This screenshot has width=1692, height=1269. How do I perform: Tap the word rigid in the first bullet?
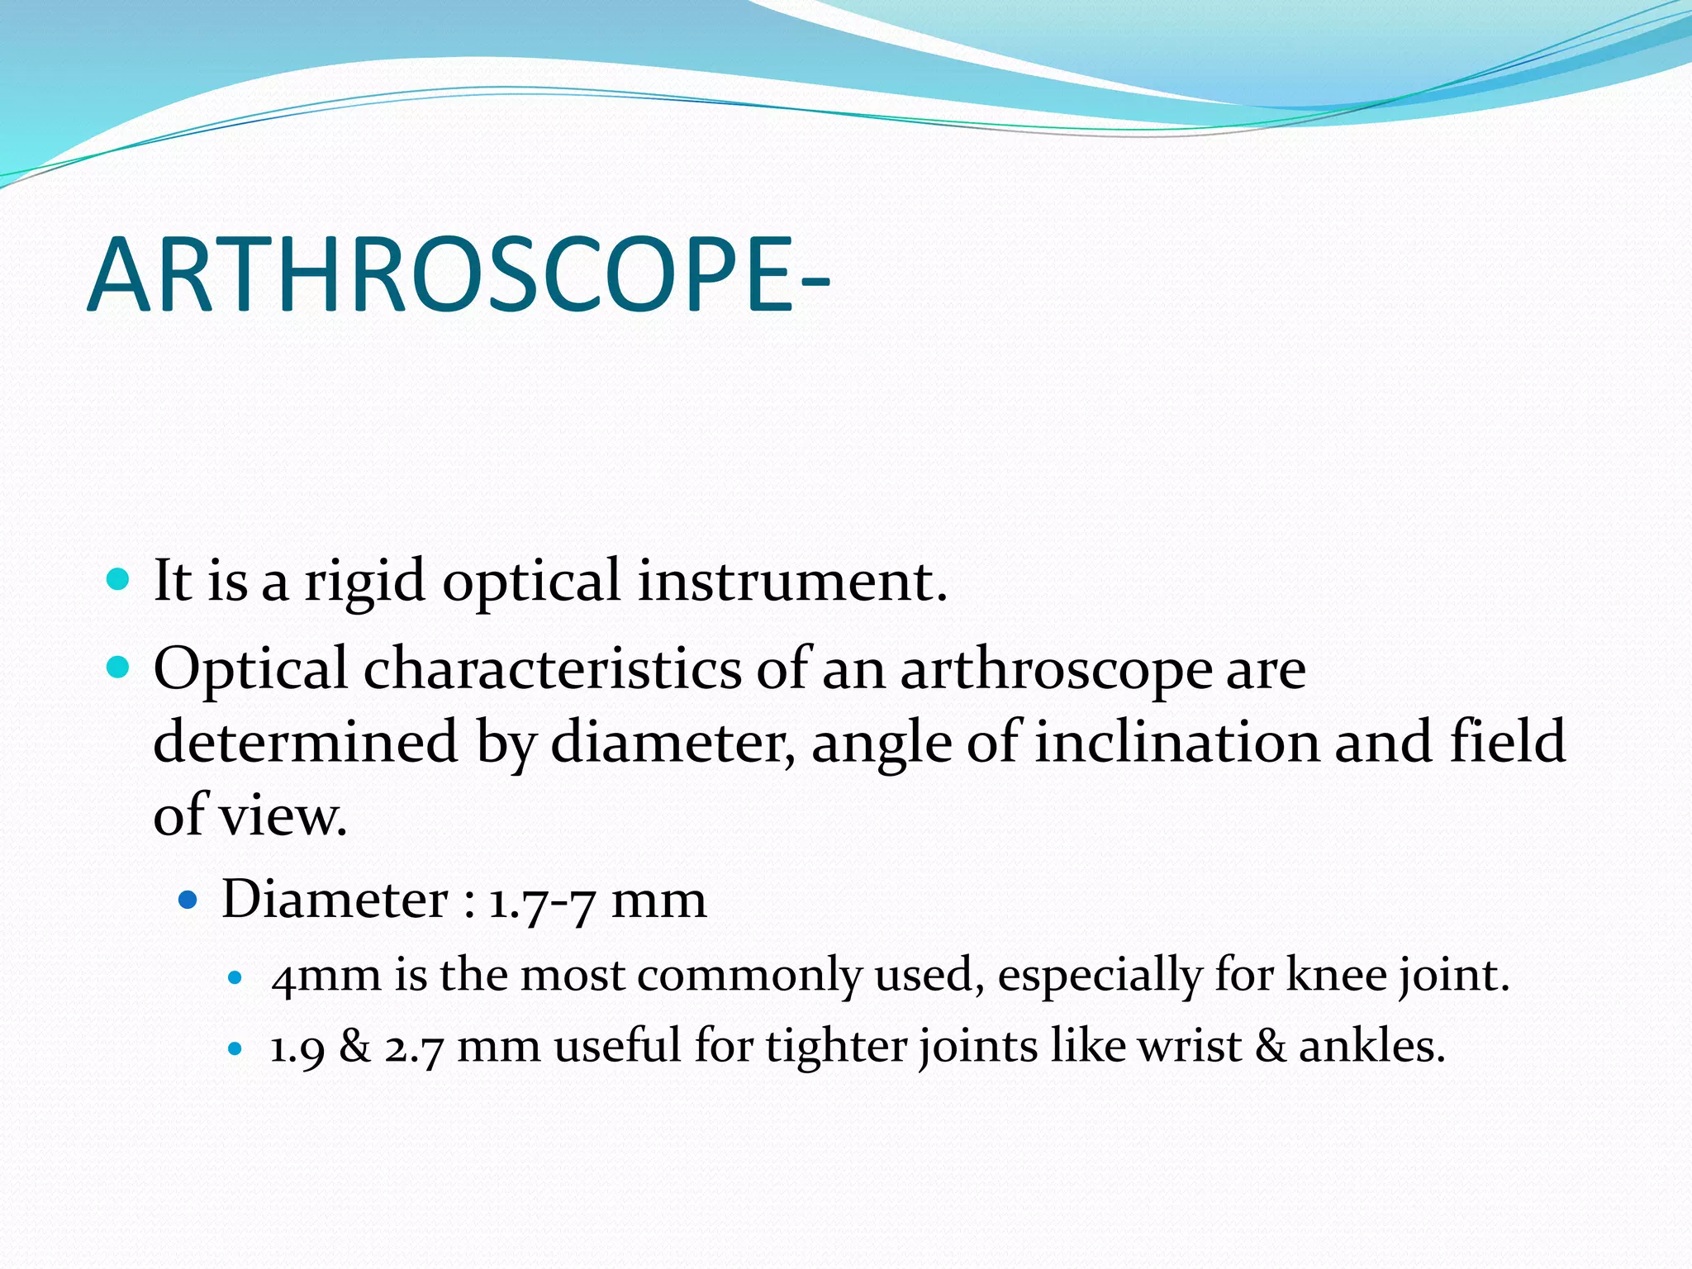364,582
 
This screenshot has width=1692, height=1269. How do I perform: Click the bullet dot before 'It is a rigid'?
119,578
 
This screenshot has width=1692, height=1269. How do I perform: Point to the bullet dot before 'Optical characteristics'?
119,666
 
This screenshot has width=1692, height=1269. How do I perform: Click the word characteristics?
553,669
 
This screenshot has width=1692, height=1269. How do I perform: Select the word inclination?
1176,742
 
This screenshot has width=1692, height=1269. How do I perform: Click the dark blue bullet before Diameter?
189,898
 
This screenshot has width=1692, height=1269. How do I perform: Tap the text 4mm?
326,977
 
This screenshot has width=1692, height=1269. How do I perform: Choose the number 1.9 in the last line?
297,1048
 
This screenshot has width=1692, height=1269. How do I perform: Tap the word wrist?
1190,1046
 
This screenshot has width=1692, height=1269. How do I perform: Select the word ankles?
1371,1046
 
